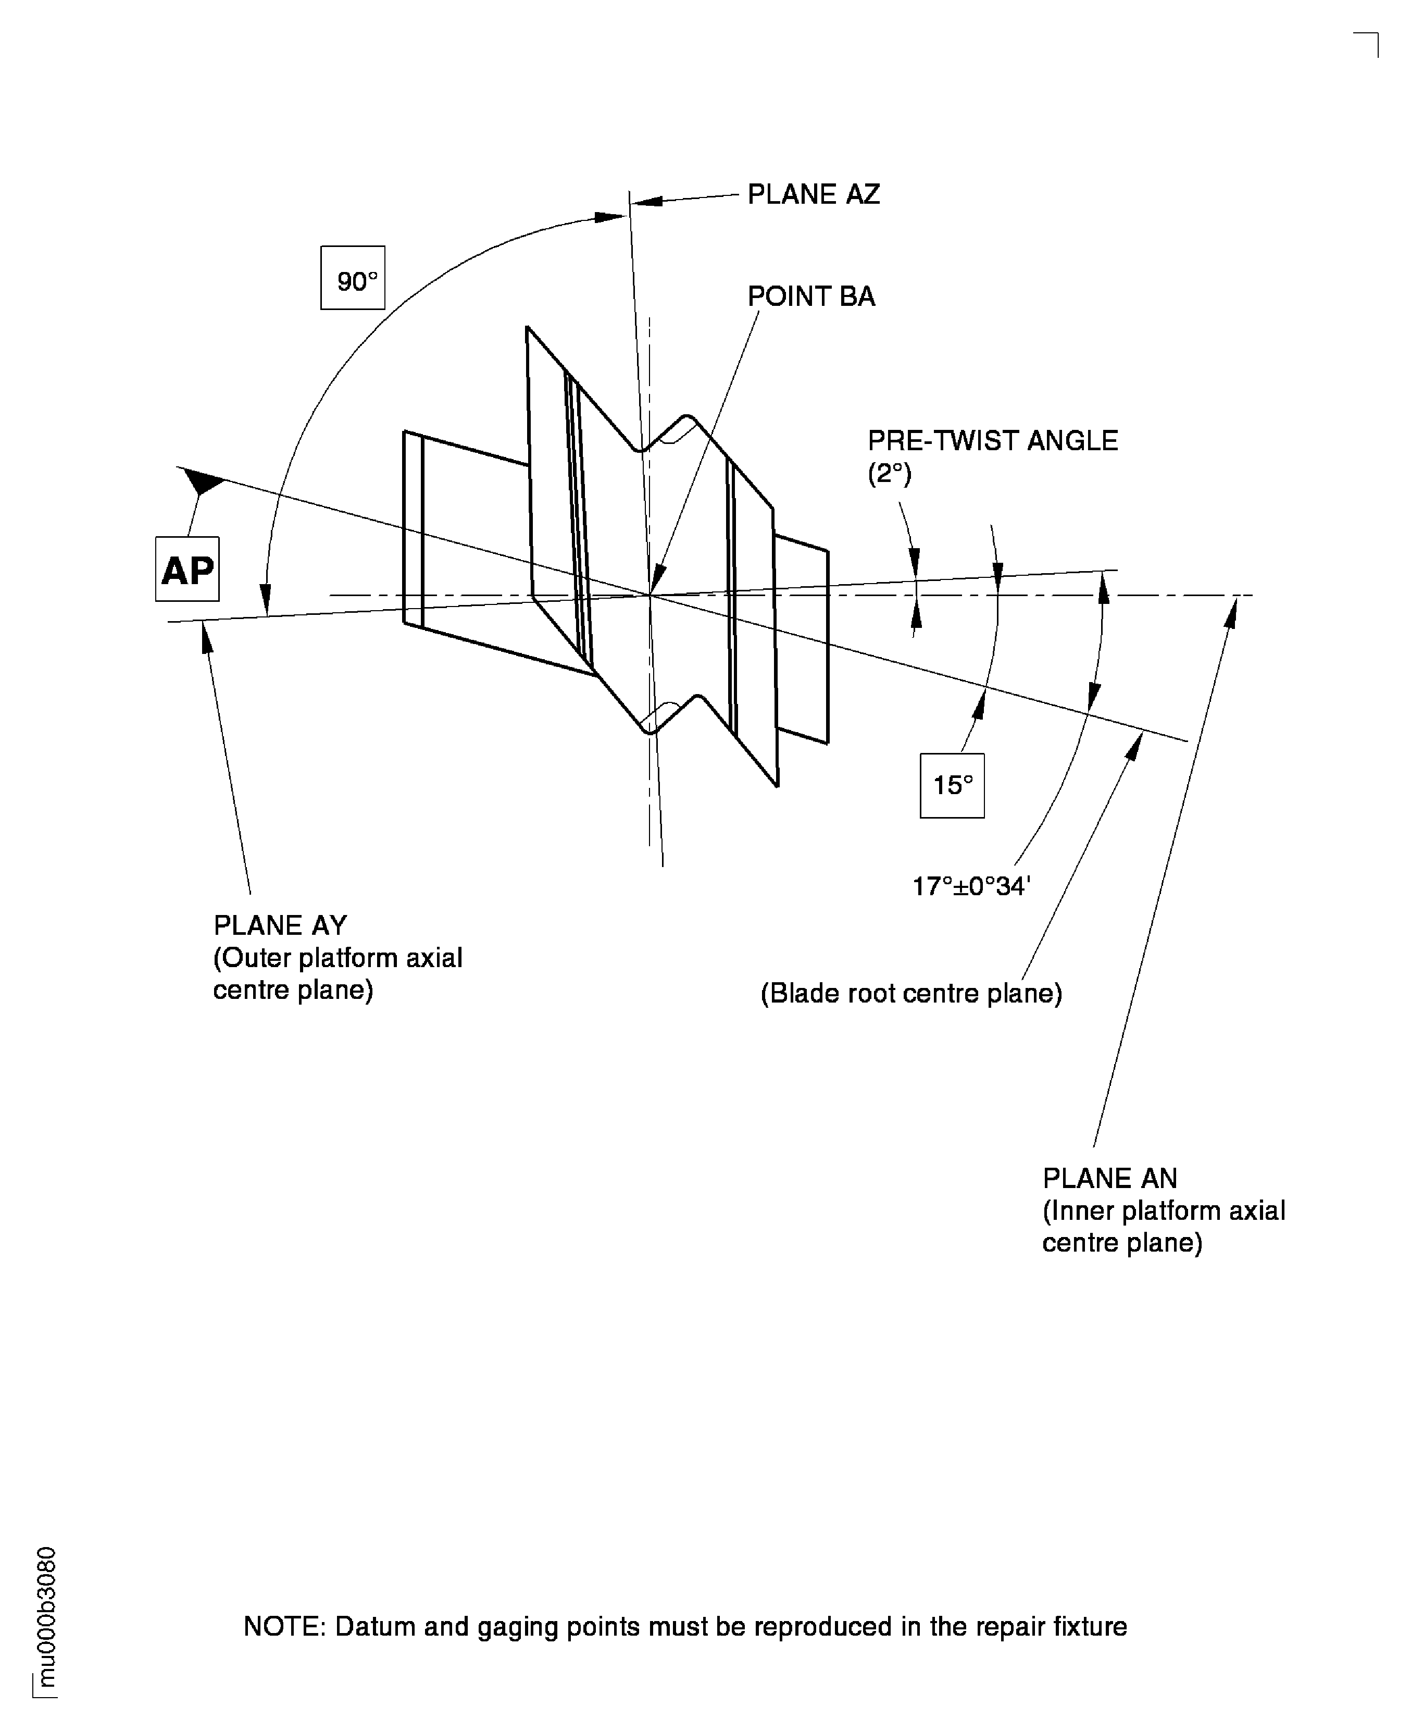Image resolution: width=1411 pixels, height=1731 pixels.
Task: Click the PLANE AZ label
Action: tap(813, 194)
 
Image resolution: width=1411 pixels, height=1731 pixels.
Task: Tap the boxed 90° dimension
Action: tap(353, 278)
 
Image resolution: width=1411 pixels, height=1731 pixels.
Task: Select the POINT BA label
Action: tap(811, 297)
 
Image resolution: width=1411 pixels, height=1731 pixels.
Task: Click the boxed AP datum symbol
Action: tap(187, 570)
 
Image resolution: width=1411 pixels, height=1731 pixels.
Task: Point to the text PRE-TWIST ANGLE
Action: tap(992, 441)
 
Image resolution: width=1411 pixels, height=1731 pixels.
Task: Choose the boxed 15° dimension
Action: tap(952, 785)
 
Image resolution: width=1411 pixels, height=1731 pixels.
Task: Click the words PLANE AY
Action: tap(280, 925)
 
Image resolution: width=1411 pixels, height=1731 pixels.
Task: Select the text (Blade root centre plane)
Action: tap(911, 994)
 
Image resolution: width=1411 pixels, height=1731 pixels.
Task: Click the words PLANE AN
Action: tap(1109, 1178)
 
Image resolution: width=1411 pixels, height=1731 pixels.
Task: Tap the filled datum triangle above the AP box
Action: tap(205, 482)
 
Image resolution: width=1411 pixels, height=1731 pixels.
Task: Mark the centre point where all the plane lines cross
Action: tap(650, 595)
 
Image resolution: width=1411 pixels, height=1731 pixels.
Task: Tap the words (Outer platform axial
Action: tap(338, 958)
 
